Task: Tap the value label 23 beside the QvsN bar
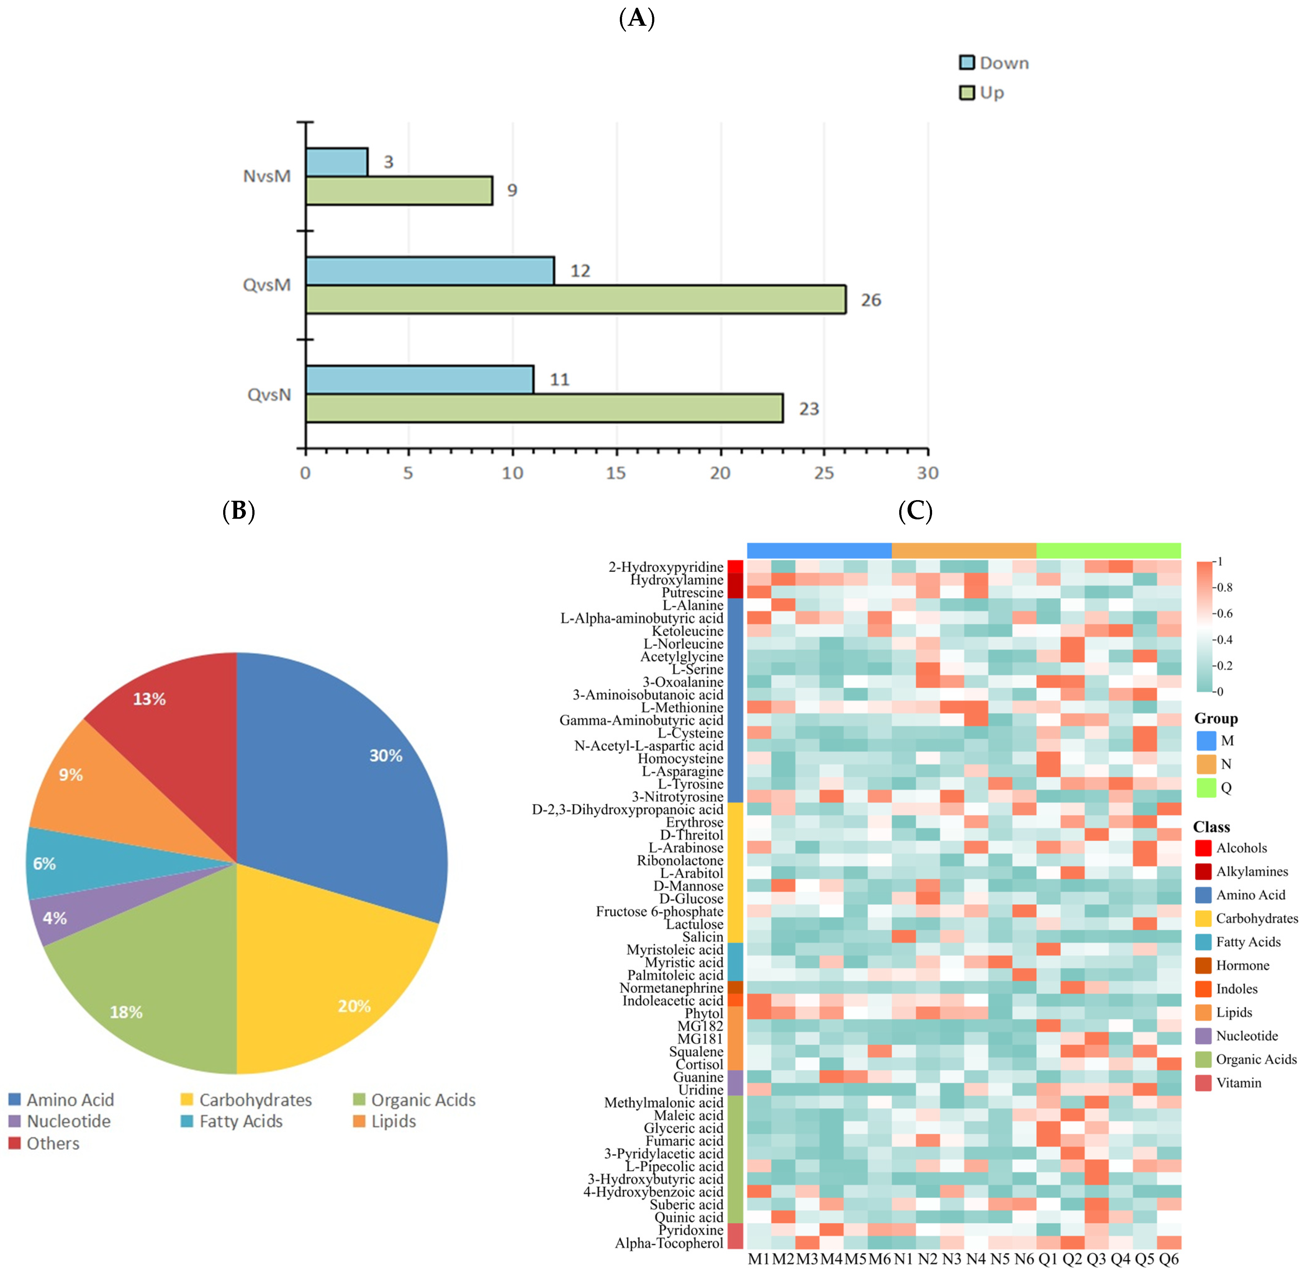(809, 409)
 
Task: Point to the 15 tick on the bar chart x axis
(615, 473)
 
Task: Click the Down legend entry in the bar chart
(994, 63)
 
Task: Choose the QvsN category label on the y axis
(269, 394)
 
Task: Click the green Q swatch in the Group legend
(1206, 787)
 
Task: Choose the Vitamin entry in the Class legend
(1238, 1082)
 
